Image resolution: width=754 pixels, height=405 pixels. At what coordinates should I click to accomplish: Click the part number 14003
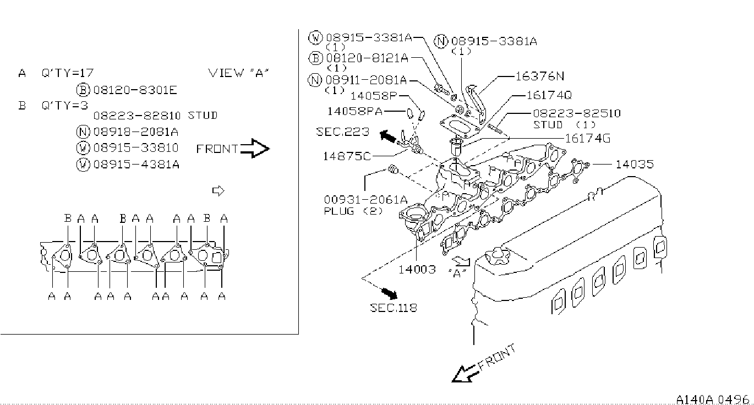417,269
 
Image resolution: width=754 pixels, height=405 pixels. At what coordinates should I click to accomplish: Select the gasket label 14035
635,165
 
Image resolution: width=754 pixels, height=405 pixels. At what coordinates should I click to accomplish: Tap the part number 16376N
540,76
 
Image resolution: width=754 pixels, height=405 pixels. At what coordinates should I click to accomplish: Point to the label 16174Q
549,95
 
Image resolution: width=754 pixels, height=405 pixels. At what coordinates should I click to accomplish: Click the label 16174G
587,138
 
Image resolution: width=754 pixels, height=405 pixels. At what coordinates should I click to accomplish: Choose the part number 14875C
347,156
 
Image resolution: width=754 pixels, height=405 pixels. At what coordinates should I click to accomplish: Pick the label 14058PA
355,111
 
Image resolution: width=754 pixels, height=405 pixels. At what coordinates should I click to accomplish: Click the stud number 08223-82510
577,113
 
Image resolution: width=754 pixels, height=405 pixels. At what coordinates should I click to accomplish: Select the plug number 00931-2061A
365,200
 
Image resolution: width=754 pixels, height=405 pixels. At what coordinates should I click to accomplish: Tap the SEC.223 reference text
342,132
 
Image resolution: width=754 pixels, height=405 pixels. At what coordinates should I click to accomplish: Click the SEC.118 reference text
393,308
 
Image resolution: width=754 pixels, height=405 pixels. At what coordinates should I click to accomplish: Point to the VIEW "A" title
239,73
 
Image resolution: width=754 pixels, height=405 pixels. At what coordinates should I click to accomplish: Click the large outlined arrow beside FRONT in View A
255,148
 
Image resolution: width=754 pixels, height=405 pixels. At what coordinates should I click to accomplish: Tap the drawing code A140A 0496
712,399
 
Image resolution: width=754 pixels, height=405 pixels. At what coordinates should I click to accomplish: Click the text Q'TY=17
67,73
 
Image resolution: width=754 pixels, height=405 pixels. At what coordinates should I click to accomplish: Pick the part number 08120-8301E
135,90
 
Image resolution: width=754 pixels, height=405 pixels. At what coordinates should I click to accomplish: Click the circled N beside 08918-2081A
83,132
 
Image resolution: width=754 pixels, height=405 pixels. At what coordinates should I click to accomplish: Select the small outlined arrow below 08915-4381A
218,190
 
